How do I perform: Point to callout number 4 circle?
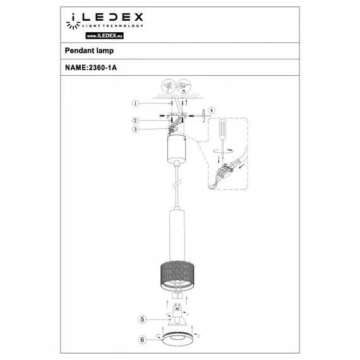pyautogui.click(x=212, y=111)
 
